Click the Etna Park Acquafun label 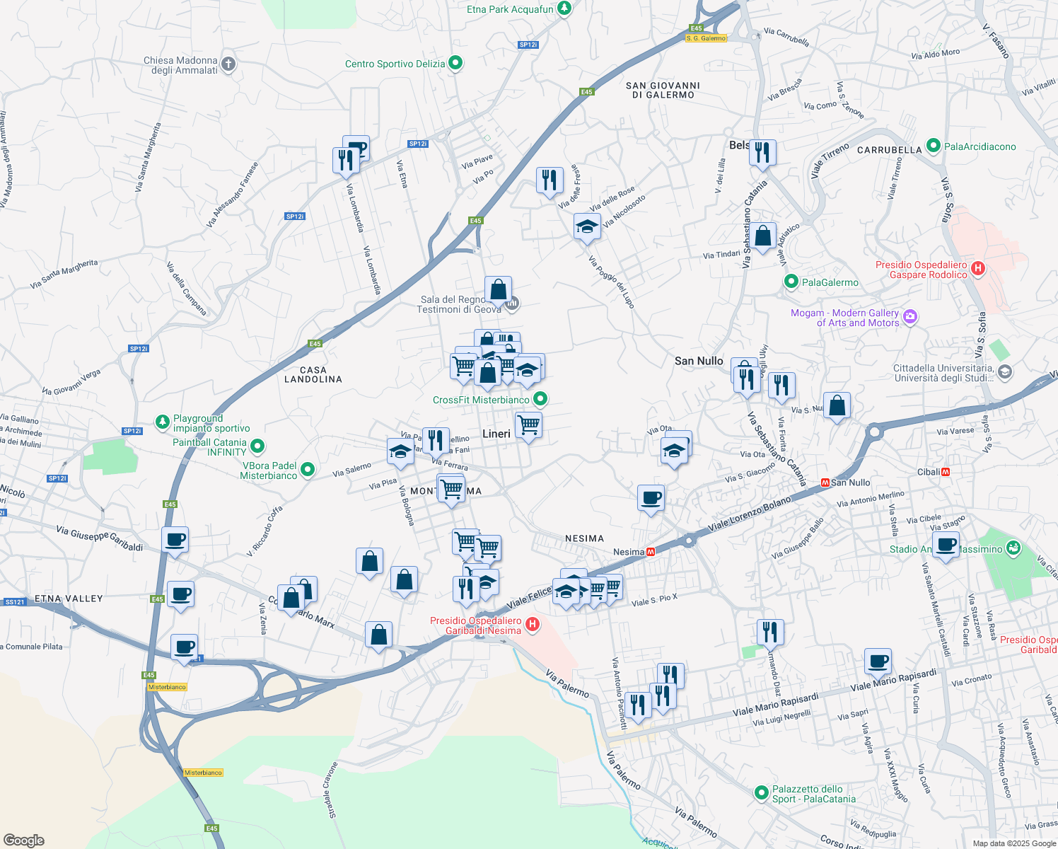(x=510, y=9)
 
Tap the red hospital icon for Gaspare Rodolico (x=978, y=268)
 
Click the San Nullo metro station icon (x=825, y=483)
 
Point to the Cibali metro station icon (x=946, y=472)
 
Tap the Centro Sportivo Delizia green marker (x=456, y=63)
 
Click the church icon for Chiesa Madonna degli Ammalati (x=228, y=64)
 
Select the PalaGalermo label (x=830, y=282)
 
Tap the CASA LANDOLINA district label (x=313, y=375)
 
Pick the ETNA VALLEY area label (x=69, y=599)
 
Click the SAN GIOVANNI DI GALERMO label (x=663, y=90)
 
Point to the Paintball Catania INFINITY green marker (x=257, y=446)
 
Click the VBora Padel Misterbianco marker (x=308, y=468)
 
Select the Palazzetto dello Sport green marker (x=762, y=792)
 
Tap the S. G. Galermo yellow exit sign (x=706, y=38)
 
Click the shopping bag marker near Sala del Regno (x=498, y=289)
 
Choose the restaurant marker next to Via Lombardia (x=345, y=160)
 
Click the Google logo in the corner (x=23, y=841)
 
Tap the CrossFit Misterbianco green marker (x=540, y=398)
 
